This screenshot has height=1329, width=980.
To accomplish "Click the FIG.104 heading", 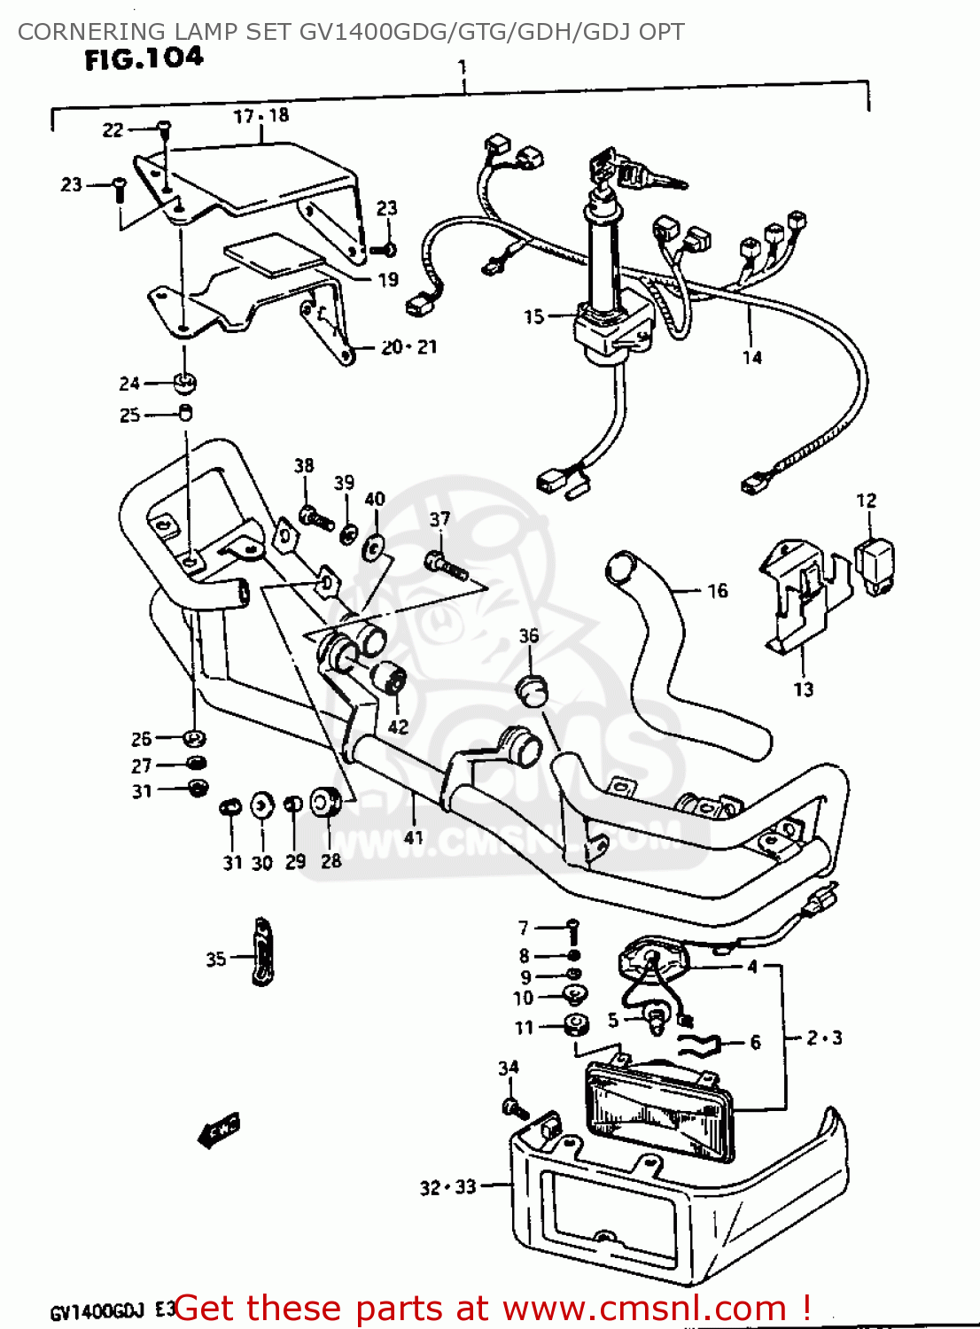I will pyautogui.click(x=144, y=59).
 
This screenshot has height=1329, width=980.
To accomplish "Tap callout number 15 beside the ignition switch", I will pyautogui.click(x=533, y=316).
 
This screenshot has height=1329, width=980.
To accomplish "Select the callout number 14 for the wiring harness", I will pyautogui.click(x=751, y=357).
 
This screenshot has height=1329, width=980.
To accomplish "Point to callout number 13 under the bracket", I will pyautogui.click(x=803, y=689).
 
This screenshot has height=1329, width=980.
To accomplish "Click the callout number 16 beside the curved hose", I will pyautogui.click(x=717, y=590).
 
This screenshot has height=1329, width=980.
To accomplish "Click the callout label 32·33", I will pyautogui.click(x=447, y=1187).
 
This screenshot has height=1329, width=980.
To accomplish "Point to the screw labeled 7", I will pyautogui.click(x=572, y=927).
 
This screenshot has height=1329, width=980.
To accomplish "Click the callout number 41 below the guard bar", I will pyautogui.click(x=414, y=837).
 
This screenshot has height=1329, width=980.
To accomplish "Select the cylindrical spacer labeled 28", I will pyautogui.click(x=326, y=804).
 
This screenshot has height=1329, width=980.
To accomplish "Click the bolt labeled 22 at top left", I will pyautogui.click(x=164, y=129).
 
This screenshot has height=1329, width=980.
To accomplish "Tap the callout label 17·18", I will pyautogui.click(x=261, y=116).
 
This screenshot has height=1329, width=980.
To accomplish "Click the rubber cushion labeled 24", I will pyautogui.click(x=184, y=383).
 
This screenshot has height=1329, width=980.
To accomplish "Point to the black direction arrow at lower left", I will pyautogui.click(x=217, y=1131).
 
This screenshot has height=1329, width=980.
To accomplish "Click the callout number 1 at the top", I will pyautogui.click(x=462, y=67).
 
